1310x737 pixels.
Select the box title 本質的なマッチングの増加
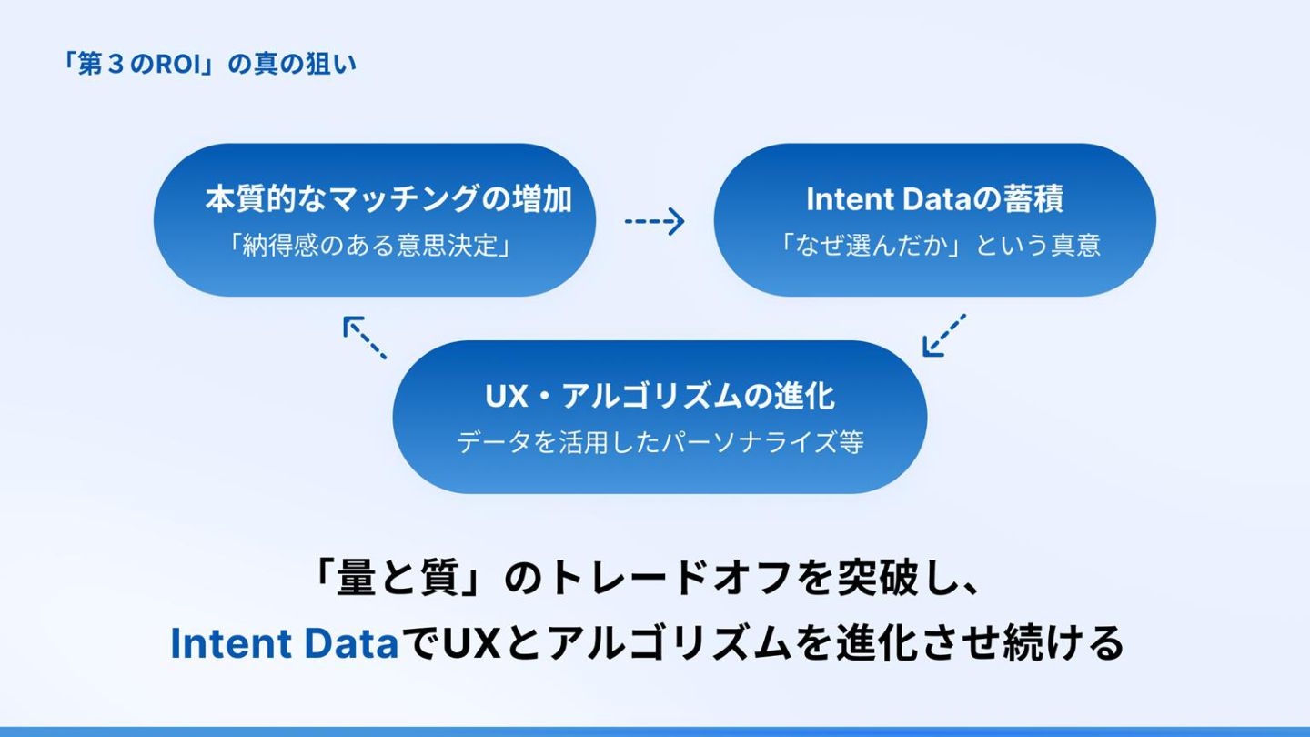pos(388,198)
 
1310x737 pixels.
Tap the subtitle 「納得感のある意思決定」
pos(369,246)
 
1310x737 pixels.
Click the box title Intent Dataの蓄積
pos(934,198)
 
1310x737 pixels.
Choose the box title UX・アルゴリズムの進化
pos(660,397)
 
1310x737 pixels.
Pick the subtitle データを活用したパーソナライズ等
pos(660,443)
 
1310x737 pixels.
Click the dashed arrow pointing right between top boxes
pos(654,221)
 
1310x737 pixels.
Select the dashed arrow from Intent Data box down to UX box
pos(943,335)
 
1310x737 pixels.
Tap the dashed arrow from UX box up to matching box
pos(365,338)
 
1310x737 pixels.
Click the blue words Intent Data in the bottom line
pos(285,644)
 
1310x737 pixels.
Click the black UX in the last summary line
pos(471,644)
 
